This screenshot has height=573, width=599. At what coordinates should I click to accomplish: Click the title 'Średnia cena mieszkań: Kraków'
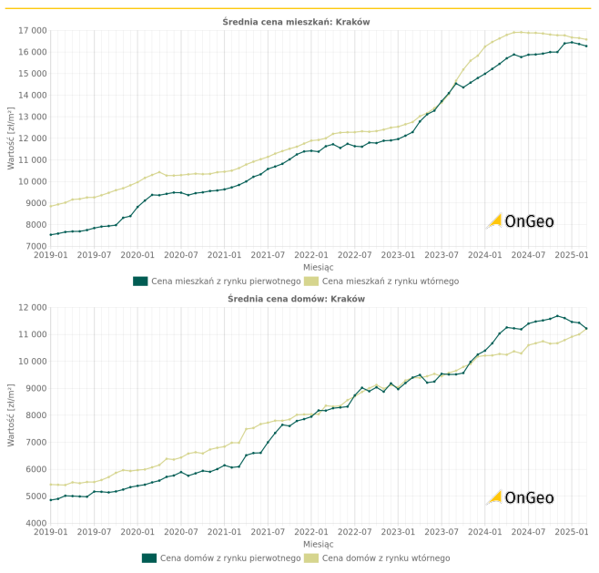296,21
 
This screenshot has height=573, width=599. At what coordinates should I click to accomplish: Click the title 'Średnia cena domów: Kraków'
296,298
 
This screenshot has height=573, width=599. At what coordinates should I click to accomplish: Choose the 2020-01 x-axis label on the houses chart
137,533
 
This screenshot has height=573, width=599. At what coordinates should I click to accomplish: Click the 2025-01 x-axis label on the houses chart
571,533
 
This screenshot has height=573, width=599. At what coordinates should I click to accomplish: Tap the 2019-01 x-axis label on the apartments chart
50,256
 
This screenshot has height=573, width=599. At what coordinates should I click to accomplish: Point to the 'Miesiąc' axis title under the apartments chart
318,267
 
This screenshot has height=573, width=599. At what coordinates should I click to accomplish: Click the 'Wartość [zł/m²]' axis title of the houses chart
12,414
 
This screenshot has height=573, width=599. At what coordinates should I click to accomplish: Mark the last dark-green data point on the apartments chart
586,46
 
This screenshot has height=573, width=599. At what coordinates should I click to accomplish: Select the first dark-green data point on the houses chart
50,500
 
